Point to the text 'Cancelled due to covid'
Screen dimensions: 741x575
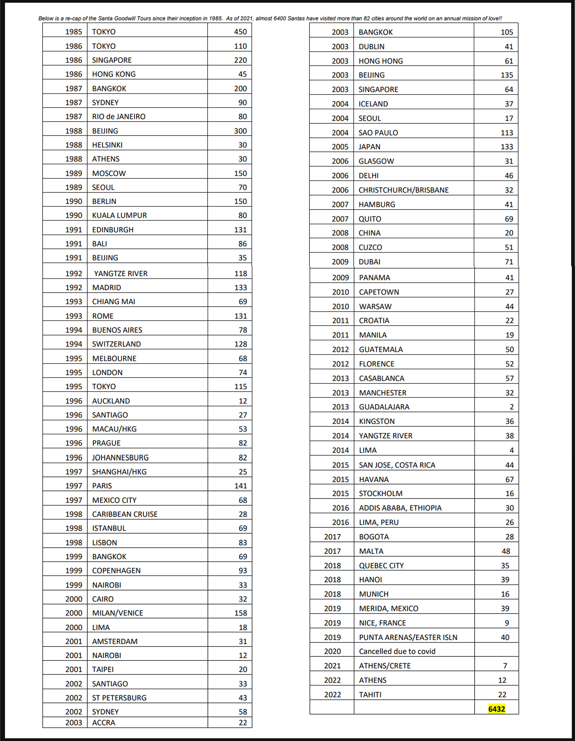397,651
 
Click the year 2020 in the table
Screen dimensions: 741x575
332,651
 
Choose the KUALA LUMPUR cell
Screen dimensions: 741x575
119,215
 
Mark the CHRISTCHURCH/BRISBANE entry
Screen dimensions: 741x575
403,190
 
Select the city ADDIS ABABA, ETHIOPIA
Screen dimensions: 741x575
400,508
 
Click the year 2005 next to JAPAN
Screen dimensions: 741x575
340,147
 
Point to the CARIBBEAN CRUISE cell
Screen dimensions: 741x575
125,514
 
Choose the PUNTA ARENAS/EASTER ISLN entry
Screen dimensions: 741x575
408,637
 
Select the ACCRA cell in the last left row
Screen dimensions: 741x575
103,723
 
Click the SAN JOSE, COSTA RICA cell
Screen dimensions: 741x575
397,465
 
